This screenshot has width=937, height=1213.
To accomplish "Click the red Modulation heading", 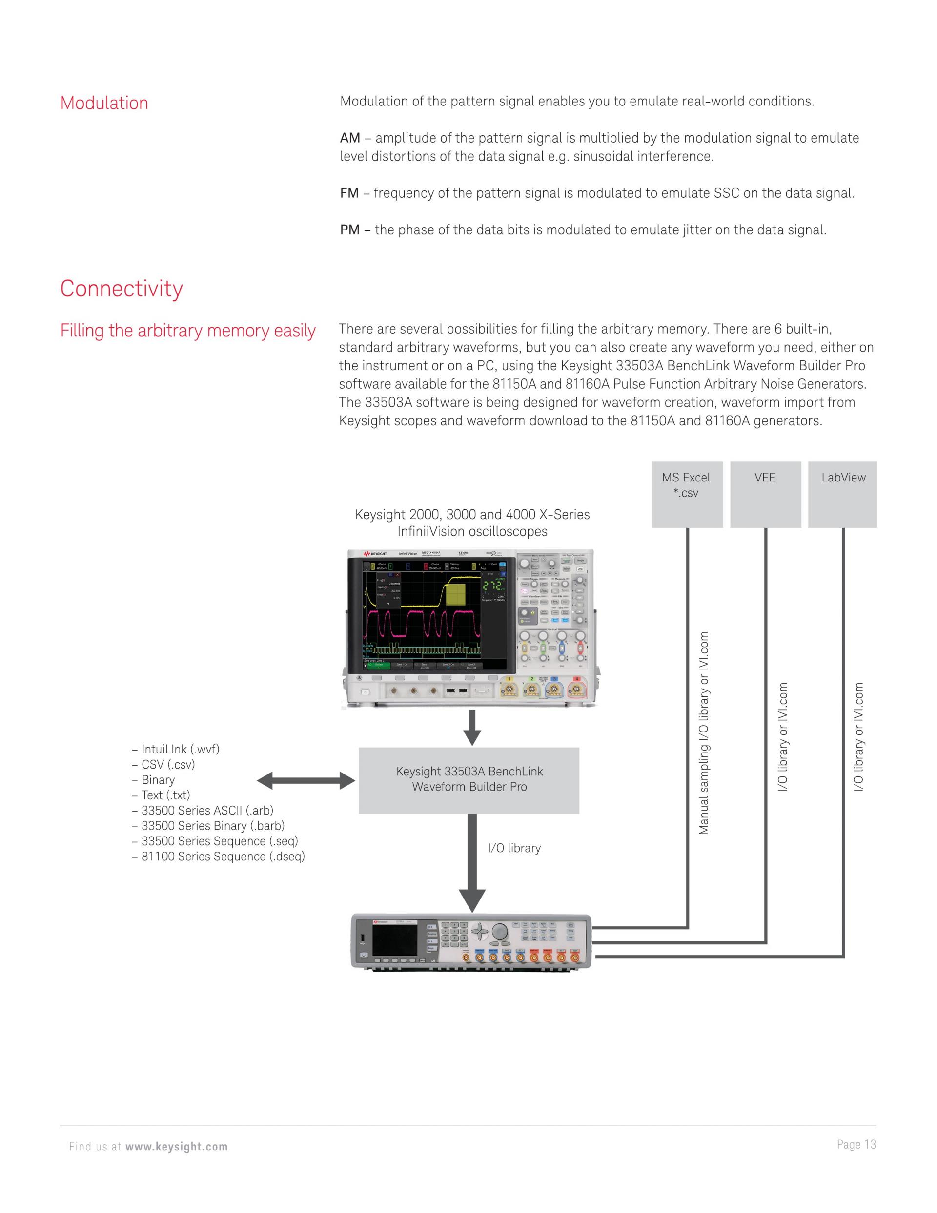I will (x=104, y=104).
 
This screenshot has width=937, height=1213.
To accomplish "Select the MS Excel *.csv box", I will (x=687, y=494).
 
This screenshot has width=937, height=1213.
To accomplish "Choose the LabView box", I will (x=843, y=494).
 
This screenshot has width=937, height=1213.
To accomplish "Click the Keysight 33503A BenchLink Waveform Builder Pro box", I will (x=469, y=780).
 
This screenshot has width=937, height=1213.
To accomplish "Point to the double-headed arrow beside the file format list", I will (x=306, y=781).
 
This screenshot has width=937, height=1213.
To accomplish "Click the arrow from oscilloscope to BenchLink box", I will (x=472, y=728).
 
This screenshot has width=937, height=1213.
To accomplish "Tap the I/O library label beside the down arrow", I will (x=514, y=848).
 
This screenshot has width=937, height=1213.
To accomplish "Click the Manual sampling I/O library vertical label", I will (x=704, y=733).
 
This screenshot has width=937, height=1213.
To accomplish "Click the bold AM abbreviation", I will (x=350, y=138).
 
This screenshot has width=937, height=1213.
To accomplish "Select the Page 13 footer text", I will (x=856, y=1144).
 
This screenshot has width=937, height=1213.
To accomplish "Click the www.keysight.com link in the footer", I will (x=177, y=1147).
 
